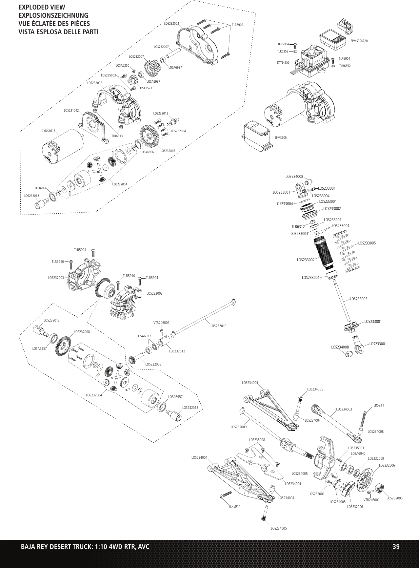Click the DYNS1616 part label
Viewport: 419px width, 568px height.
pyautogui.click(x=48, y=131)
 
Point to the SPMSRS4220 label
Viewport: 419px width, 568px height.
pyautogui.click(x=359, y=41)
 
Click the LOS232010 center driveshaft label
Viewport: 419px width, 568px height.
pyautogui.click(x=218, y=326)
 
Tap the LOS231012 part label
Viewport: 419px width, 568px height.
pyautogui.click(x=71, y=111)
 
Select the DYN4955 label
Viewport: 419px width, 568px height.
pyautogui.click(x=283, y=62)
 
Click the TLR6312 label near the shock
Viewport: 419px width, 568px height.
pyautogui.click(x=298, y=226)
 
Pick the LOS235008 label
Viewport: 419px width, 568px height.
pyautogui.click(x=257, y=439)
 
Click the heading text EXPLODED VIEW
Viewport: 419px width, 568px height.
pyautogui.click(x=42, y=8)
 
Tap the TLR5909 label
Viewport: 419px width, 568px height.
pyautogui.click(x=238, y=25)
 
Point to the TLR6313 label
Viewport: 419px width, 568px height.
pyautogui.click(x=117, y=136)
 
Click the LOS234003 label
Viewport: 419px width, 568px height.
pyautogui.click(x=344, y=409)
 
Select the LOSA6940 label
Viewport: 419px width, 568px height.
pyautogui.click(x=358, y=453)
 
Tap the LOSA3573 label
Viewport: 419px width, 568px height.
pyautogui.click(x=146, y=88)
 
